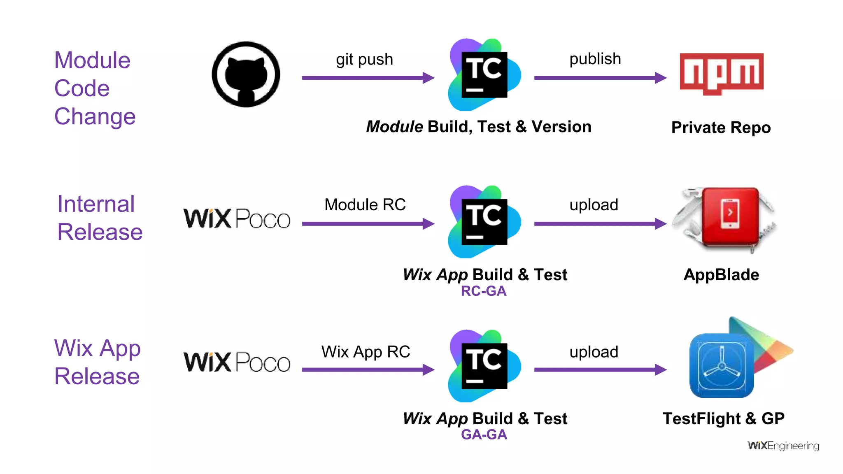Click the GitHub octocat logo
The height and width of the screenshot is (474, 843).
point(246,74)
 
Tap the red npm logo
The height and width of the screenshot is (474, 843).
point(721,73)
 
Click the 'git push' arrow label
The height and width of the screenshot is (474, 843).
point(364,59)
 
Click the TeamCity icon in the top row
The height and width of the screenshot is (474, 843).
point(484,75)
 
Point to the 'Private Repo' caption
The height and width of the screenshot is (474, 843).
point(721,128)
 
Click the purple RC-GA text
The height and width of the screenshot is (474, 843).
point(483,291)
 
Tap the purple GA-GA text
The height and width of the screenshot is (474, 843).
point(484,434)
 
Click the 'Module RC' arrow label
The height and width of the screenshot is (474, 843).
point(365,204)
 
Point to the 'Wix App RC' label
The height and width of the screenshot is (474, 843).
point(366,352)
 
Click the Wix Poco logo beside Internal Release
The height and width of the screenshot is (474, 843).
point(237,218)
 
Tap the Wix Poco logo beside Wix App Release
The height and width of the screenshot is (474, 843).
point(237,362)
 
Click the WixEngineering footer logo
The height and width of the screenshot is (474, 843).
point(783,446)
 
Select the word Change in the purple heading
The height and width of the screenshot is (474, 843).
point(95,116)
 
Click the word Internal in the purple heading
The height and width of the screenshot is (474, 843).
point(96,204)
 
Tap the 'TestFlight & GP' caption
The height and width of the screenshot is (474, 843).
point(723,419)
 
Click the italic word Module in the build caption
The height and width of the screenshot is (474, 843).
point(394,127)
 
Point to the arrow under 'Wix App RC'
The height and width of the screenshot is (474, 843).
point(368,369)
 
